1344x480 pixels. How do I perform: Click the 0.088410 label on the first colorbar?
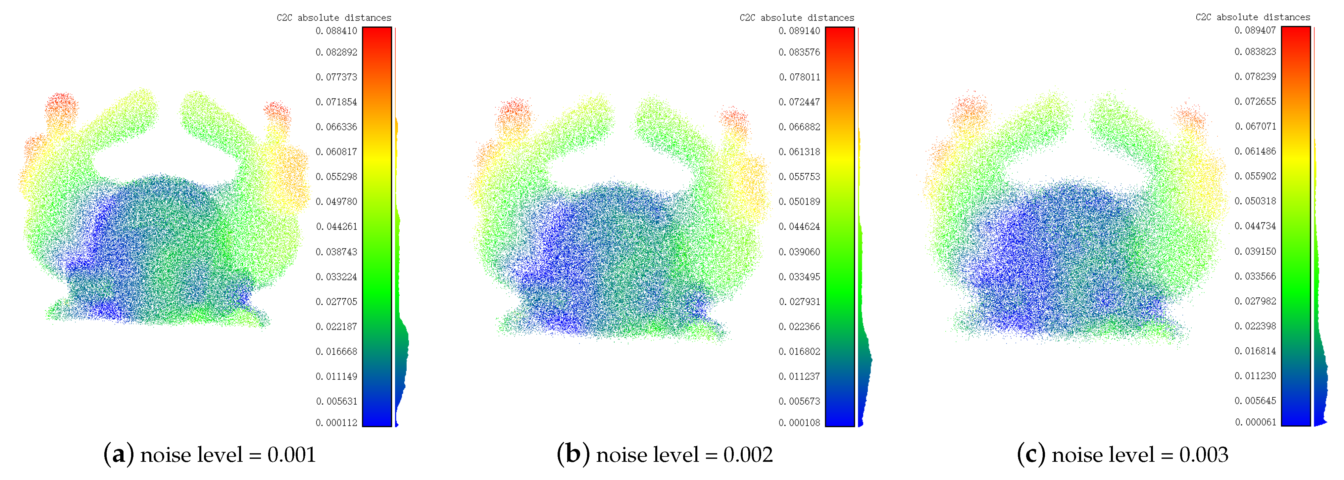[336, 31]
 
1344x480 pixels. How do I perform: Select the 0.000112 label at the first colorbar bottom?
[336, 423]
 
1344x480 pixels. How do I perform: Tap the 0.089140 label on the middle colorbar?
[799, 31]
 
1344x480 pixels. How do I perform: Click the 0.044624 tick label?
[799, 226]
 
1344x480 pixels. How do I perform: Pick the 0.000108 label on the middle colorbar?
[799, 423]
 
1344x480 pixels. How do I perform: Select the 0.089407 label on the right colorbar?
[1255, 30]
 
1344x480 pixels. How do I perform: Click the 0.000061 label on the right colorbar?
[1255, 422]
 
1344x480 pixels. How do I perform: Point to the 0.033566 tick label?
[1255, 276]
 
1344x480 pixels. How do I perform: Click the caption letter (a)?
[119, 455]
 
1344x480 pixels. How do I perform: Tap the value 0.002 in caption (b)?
[748, 455]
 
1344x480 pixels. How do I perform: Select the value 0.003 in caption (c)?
[1204, 455]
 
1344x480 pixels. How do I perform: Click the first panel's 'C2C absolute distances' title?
[334, 18]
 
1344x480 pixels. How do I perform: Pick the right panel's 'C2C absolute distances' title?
[1253, 17]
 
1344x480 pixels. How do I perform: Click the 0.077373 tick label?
[336, 77]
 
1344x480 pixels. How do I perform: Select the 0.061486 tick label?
[1255, 151]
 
